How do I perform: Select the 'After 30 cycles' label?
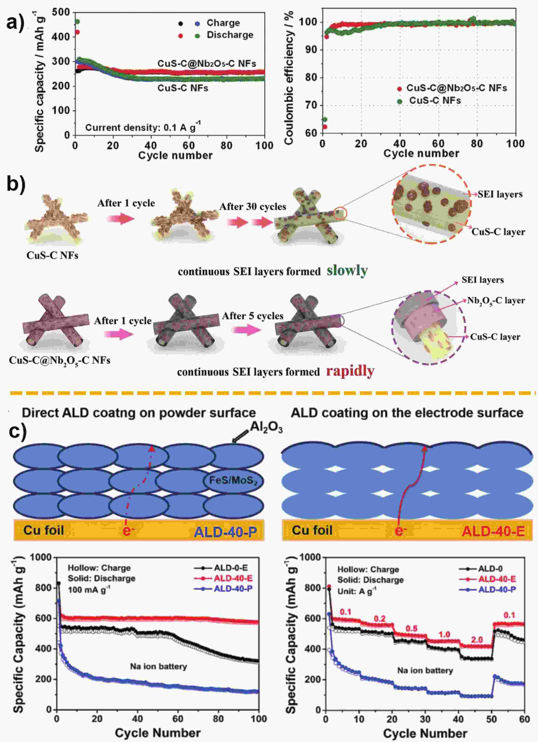[x=253, y=207]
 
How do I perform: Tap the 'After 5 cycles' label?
[x=253, y=316]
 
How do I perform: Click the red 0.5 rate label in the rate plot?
[x=411, y=629]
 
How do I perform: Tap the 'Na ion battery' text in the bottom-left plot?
[x=158, y=666]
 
